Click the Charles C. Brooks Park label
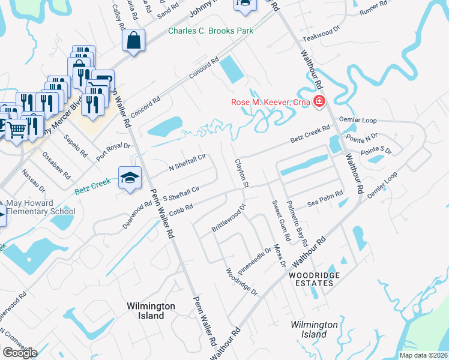click(x=210, y=31)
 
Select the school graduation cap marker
click(x=130, y=178)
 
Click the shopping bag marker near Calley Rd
click(x=134, y=41)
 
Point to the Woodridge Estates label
click(x=310, y=278)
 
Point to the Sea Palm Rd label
click(x=325, y=199)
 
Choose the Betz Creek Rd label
click(x=310, y=134)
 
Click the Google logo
click(x=20, y=353)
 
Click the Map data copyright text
click(x=423, y=355)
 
